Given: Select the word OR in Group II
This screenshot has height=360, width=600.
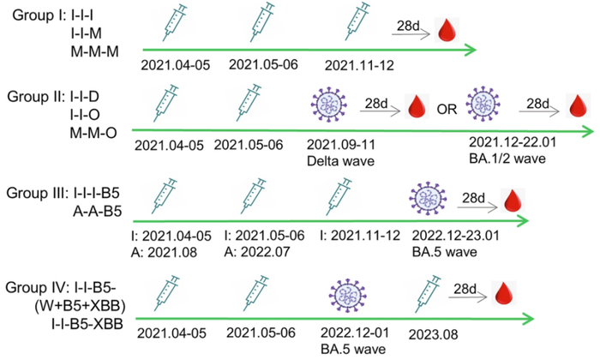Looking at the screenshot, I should (x=447, y=107).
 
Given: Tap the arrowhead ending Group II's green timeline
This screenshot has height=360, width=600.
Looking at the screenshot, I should (x=590, y=131).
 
